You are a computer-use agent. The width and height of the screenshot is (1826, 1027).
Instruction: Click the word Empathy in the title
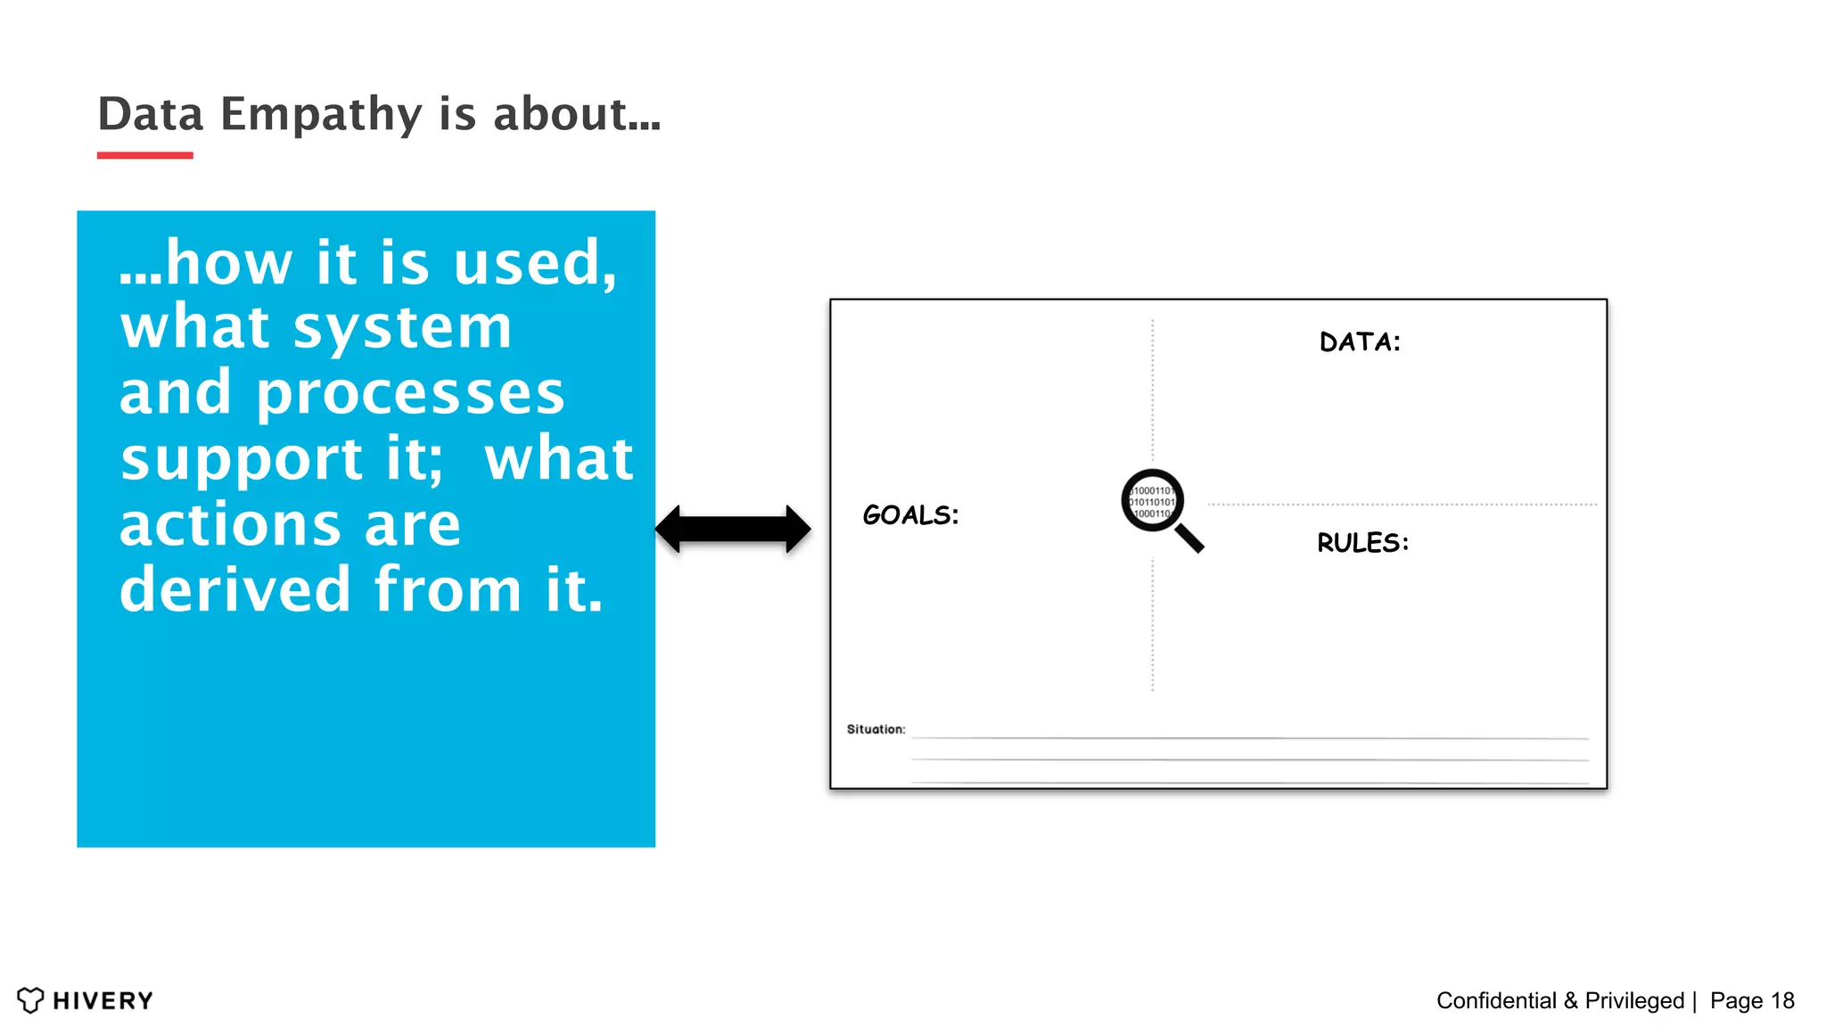click(321, 115)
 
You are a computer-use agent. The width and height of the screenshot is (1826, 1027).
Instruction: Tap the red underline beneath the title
click(144, 155)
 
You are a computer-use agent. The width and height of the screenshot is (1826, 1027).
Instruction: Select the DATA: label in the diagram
click(1360, 342)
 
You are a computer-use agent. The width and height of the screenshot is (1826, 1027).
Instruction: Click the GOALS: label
click(910, 515)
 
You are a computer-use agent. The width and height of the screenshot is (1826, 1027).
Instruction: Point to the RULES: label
click(1362, 543)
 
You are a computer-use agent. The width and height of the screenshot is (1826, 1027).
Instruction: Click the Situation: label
click(876, 729)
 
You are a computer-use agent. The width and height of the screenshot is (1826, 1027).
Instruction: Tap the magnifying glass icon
click(1153, 501)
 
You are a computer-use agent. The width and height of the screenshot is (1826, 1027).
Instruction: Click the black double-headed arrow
click(733, 529)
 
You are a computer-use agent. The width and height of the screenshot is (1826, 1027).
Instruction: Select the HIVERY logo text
click(103, 1001)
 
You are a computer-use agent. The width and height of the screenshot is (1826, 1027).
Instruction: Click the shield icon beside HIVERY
click(30, 1000)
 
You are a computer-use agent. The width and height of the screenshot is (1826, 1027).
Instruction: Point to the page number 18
click(1782, 1001)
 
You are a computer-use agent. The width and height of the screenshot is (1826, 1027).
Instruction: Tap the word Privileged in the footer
click(1634, 1001)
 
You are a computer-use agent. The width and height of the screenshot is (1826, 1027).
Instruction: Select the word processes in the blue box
click(410, 395)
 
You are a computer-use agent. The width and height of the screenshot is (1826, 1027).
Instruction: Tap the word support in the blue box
click(241, 460)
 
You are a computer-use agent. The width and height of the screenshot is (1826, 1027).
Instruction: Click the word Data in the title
click(151, 115)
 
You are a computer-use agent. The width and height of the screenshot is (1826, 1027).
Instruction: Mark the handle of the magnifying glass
click(1189, 538)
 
